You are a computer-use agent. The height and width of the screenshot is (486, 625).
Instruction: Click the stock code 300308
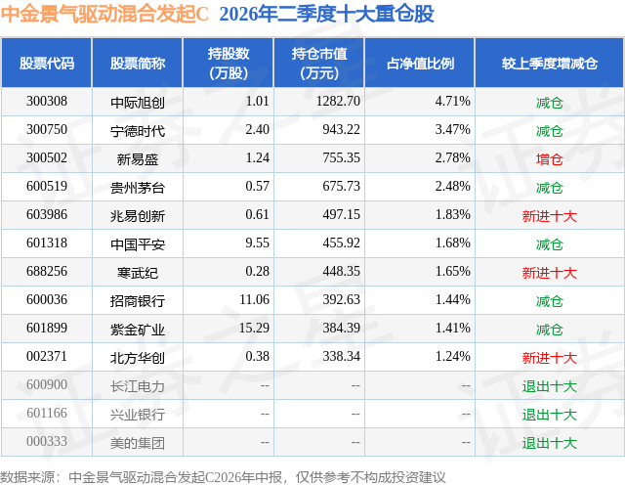point(47,102)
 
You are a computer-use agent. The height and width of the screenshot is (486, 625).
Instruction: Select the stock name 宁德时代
point(138,131)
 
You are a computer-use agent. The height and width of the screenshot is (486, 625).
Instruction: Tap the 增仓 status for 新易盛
point(549,159)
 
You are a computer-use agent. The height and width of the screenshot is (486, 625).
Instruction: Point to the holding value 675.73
point(341,187)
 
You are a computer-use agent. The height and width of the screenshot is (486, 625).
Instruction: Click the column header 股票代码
point(47,63)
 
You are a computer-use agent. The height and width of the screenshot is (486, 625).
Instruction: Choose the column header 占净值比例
point(420,63)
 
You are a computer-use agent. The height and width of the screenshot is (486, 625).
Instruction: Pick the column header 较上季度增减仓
point(550,63)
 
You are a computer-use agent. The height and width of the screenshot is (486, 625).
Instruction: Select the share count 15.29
point(254,328)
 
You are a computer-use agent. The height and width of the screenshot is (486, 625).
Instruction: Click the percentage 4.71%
point(453,102)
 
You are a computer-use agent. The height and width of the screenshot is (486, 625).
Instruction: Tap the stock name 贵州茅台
point(138,188)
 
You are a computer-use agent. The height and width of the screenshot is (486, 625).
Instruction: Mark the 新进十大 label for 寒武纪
point(549,273)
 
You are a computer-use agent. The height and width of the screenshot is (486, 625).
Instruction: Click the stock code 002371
point(47,356)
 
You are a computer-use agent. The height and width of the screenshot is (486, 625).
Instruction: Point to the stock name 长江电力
point(138,386)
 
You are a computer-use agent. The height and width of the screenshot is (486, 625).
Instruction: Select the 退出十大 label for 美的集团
point(549,443)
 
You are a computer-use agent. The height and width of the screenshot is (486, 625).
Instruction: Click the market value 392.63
point(341,299)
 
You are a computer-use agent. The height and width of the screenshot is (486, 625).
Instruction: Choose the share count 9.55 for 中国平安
point(258,243)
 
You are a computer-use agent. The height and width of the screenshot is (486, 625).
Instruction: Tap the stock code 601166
point(47,413)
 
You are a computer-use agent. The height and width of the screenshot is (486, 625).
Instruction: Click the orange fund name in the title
point(104,14)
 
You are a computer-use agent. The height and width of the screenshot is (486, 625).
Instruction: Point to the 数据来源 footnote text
point(223,477)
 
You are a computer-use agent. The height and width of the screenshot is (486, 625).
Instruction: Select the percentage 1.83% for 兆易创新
point(453,215)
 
